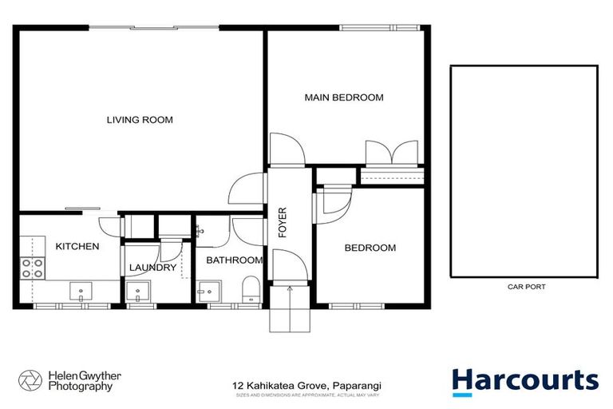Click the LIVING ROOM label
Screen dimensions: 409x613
[x=140, y=120]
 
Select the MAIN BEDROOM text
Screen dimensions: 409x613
[x=344, y=97]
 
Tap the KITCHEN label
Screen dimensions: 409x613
[x=77, y=246]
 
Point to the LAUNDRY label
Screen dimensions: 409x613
[x=152, y=268]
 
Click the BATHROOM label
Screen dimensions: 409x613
[x=234, y=260]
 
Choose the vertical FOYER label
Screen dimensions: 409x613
[x=282, y=223]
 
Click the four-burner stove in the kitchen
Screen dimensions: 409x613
[x=32, y=268]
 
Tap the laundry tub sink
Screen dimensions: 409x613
[x=137, y=291]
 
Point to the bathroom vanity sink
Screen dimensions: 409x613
[x=209, y=289]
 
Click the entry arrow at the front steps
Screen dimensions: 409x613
[x=289, y=289]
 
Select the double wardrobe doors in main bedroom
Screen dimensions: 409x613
[x=391, y=153]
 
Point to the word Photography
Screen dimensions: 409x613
[x=80, y=387]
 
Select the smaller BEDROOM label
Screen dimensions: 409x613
[x=370, y=248]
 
